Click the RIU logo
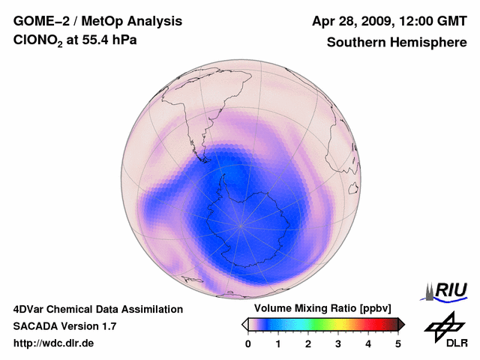coord(448,290)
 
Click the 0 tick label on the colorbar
coord(248,343)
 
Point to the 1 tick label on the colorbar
coord(278,343)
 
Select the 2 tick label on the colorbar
coord(308,343)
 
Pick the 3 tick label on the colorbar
coord(338,343)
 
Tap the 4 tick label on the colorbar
coord(368,343)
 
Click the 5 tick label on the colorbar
coord(398,343)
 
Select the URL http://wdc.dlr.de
coord(54,343)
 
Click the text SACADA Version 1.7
coord(64,326)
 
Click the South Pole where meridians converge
coord(241,225)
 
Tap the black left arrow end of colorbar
coord(244,324)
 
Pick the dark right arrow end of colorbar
coord(402,324)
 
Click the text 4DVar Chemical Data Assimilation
coord(97,309)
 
